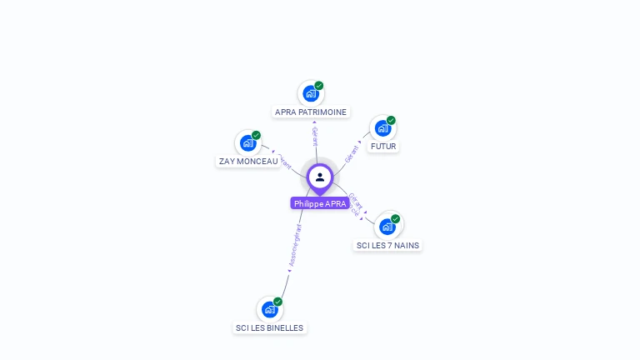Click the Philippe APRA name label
point(320,203)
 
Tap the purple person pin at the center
point(320,177)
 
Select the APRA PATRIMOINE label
point(311,112)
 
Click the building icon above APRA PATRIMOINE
point(311,93)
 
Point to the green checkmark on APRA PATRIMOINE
point(319,86)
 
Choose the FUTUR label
point(383,146)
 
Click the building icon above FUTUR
point(382,128)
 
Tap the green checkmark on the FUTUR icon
point(391,121)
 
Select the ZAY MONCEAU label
point(248,161)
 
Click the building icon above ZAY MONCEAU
point(247,143)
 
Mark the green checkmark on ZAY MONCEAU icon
point(256,135)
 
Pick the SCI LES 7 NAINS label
point(387,245)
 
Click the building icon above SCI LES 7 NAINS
point(387,227)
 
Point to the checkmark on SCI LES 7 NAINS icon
point(395,219)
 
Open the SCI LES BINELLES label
point(269,327)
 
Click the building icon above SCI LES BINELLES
point(269,309)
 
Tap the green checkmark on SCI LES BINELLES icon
point(277,302)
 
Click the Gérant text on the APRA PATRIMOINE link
point(314,136)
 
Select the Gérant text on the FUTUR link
point(352,152)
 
